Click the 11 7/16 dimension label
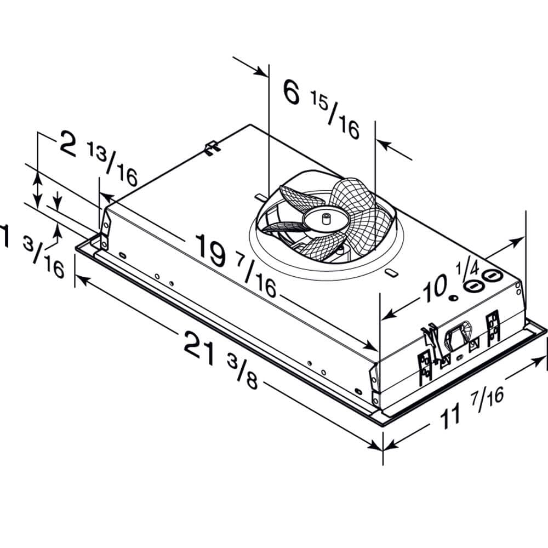472,408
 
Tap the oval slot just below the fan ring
390,272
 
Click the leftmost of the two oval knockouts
472,285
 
